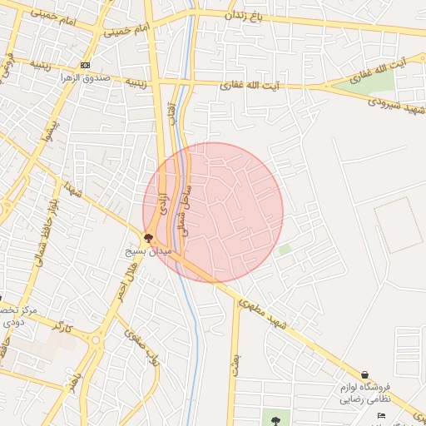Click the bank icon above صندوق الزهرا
coord(86,65)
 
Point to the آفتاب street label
coord(171,113)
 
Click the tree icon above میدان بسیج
coord(149,239)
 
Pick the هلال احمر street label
coord(121,286)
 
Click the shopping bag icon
coord(365,374)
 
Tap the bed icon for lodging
coord(382,415)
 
